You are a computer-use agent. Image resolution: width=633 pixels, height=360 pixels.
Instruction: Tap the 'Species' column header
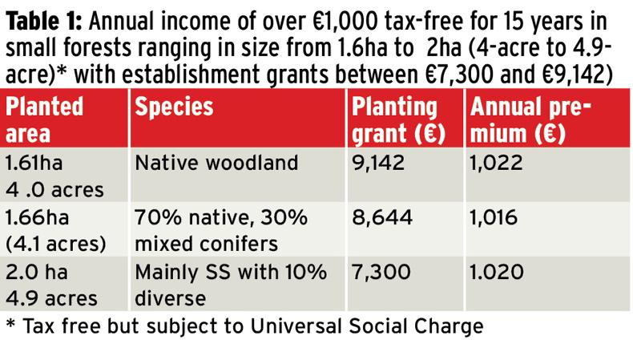pyautogui.click(x=174, y=107)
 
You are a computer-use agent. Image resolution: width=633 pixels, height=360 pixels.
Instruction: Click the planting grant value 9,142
pyautogui.click(x=380, y=164)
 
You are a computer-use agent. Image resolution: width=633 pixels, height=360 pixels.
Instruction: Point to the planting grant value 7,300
pyautogui.click(x=381, y=273)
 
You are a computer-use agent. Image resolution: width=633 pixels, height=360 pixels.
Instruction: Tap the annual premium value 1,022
pyautogui.click(x=496, y=164)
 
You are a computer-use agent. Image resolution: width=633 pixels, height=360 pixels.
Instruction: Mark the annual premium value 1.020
pyautogui.click(x=497, y=273)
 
